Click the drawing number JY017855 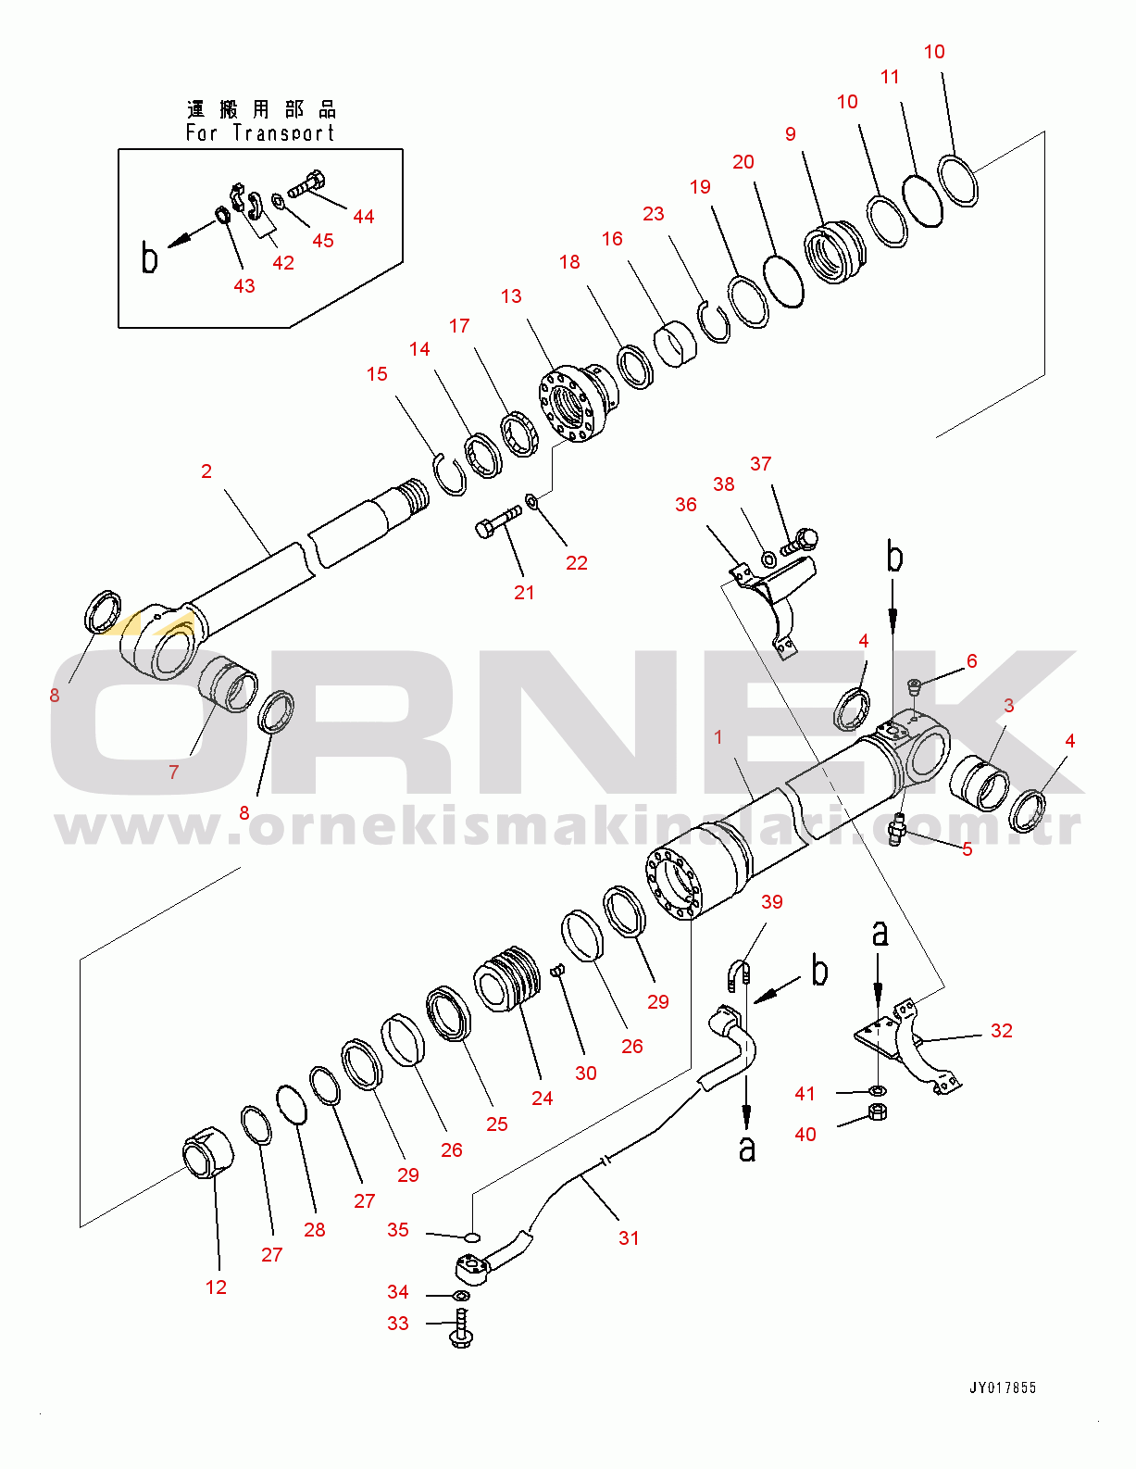coord(1003,1387)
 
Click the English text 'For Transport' coord(259,133)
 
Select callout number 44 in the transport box coord(363,217)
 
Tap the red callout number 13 coord(511,296)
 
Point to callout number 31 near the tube coord(629,1237)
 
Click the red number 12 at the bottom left coord(216,1287)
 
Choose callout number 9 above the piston coord(790,134)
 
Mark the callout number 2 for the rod coord(206,471)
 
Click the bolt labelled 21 coord(497,521)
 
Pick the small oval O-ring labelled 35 coord(471,1236)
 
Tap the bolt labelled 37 coord(800,540)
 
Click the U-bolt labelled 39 coord(740,976)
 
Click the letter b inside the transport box coord(149,258)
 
